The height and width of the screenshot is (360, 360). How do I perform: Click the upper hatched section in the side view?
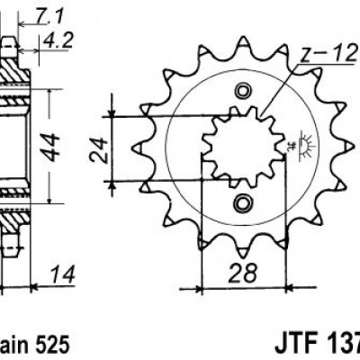coord(12,72)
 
